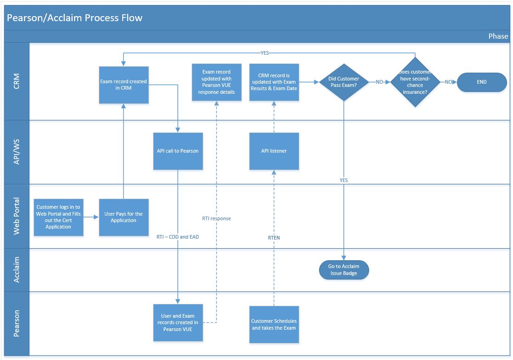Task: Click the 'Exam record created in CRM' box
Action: tap(124, 85)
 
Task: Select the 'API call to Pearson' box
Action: tap(177, 151)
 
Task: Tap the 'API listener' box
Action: tap(274, 151)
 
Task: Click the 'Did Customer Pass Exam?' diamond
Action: tap(343, 82)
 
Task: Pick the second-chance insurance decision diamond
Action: tap(415, 82)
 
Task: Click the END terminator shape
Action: tap(482, 82)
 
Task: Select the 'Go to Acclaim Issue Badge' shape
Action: tap(343, 270)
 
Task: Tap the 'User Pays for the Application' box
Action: tap(124, 217)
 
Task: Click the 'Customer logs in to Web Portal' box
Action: tap(58, 217)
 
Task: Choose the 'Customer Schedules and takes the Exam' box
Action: tap(274, 324)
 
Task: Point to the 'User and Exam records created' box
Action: tap(177, 323)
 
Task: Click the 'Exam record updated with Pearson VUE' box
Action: tap(217, 82)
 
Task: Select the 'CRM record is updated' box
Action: tap(274, 82)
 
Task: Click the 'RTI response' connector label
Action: tap(216, 218)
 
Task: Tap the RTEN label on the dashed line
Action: tap(274, 238)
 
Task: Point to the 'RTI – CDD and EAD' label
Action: tap(177, 237)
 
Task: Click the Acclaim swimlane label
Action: tap(17, 270)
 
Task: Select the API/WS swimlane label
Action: tap(17, 152)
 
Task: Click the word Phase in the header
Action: tap(498, 36)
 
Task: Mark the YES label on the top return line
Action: tap(265, 53)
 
